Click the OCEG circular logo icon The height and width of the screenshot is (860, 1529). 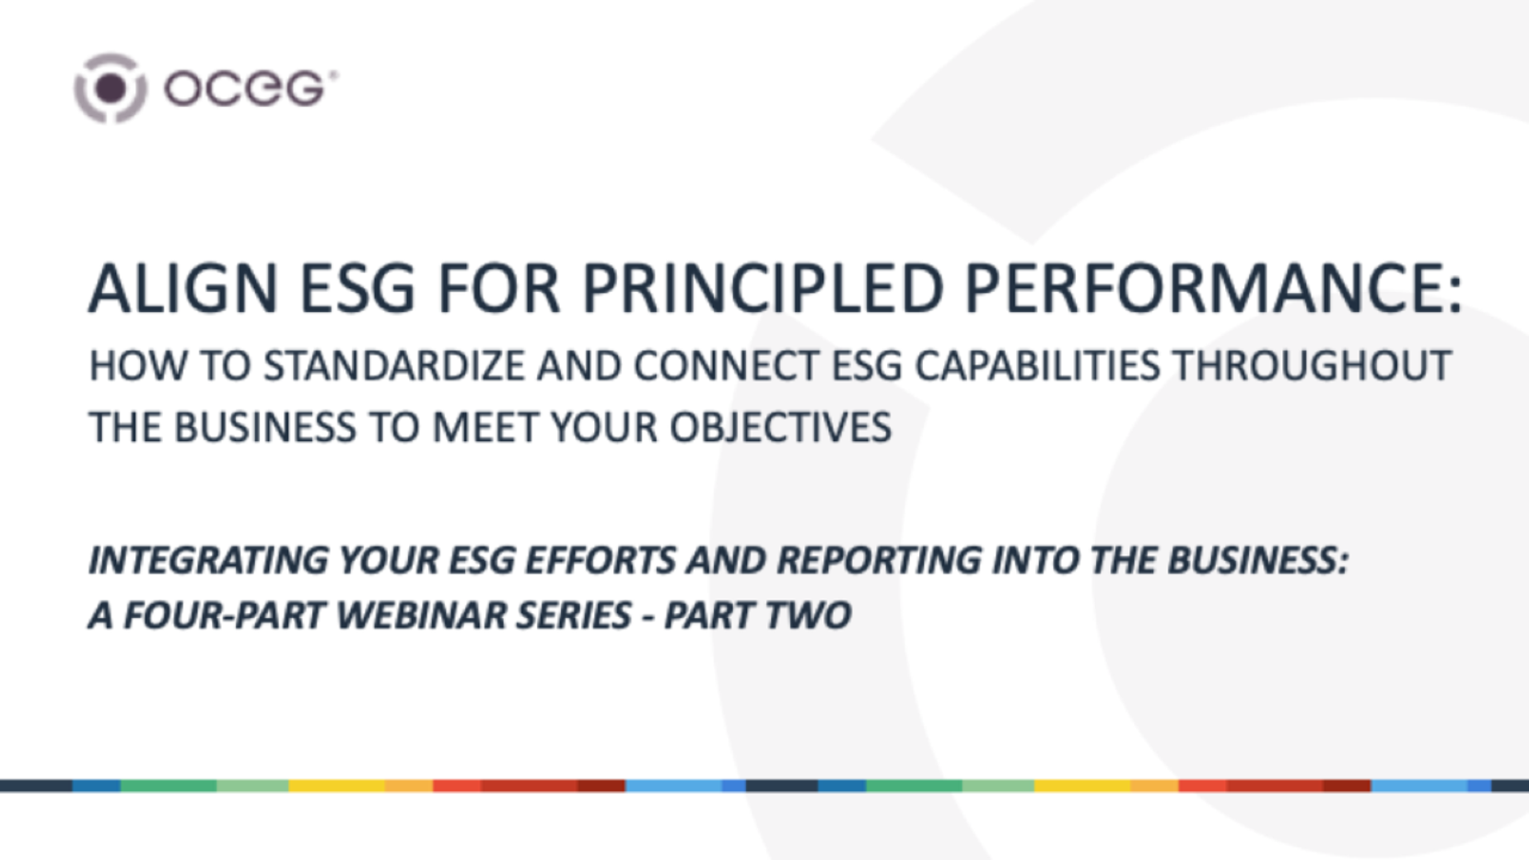111,88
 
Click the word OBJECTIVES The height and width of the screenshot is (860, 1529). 780,428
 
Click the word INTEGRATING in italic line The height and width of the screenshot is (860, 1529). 208,560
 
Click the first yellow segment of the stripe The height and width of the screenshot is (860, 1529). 336,785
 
